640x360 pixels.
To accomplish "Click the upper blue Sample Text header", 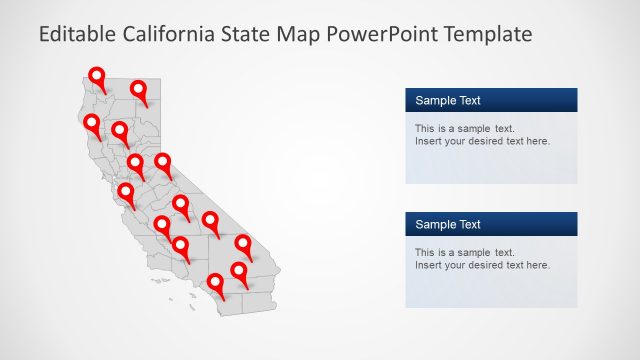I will [x=491, y=100].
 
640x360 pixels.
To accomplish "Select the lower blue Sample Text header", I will [x=491, y=224].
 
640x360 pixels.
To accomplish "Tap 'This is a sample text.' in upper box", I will [x=464, y=128].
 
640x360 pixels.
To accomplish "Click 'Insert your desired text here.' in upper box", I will [x=482, y=141].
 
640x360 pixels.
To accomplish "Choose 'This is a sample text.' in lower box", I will [x=464, y=252].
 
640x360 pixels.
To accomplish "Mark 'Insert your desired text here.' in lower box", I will [x=482, y=265].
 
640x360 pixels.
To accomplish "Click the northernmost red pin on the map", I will [x=97, y=77].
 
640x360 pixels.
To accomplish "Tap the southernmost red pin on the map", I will [x=215, y=283].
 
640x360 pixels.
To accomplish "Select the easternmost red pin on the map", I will [x=244, y=244].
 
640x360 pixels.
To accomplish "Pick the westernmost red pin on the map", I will [x=93, y=124].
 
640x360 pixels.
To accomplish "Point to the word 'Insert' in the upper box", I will [x=429, y=141].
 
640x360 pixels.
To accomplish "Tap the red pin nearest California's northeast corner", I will [x=140, y=91].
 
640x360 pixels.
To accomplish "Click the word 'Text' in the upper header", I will [x=468, y=100].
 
